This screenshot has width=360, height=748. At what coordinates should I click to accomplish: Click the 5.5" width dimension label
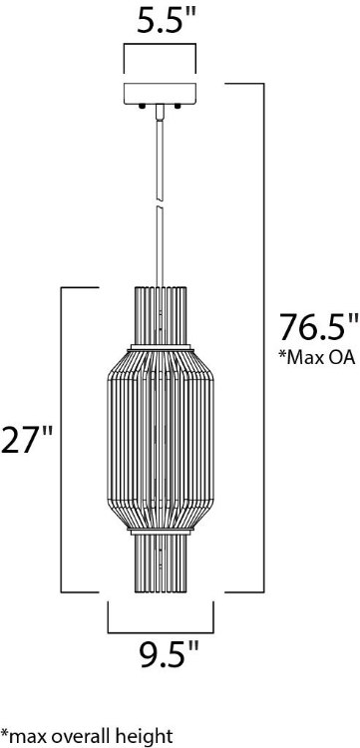(x=160, y=22)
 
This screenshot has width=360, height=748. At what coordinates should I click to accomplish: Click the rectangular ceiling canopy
(x=160, y=95)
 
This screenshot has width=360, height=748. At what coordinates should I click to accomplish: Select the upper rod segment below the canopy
(x=160, y=155)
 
